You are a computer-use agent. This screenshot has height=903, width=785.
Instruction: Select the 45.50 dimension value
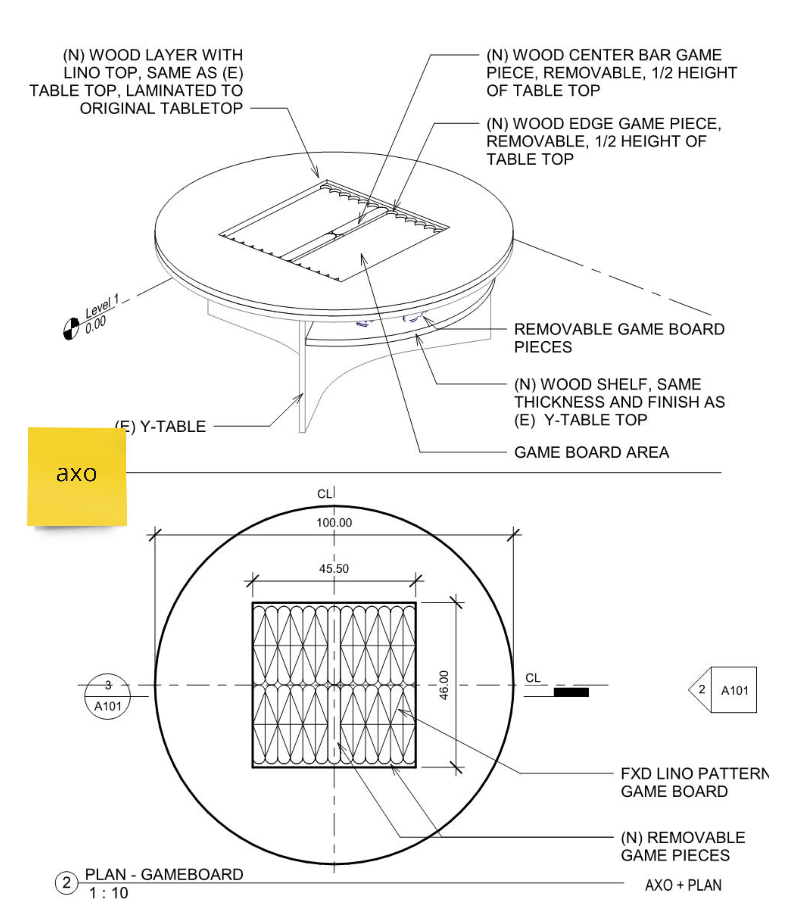pyautogui.click(x=334, y=569)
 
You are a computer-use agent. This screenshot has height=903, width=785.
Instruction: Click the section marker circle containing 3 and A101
pyautogui.click(x=107, y=696)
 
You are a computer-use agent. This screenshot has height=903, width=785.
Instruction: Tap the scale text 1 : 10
pyautogui.click(x=109, y=893)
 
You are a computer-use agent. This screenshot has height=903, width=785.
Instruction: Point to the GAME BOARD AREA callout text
pyautogui.click(x=591, y=452)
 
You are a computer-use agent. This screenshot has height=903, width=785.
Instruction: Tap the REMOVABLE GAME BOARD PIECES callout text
pyautogui.click(x=619, y=338)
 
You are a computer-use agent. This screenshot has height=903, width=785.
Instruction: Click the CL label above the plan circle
pyautogui.click(x=325, y=494)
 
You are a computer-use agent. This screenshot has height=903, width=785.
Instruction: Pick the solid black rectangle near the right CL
pyautogui.click(x=571, y=692)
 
